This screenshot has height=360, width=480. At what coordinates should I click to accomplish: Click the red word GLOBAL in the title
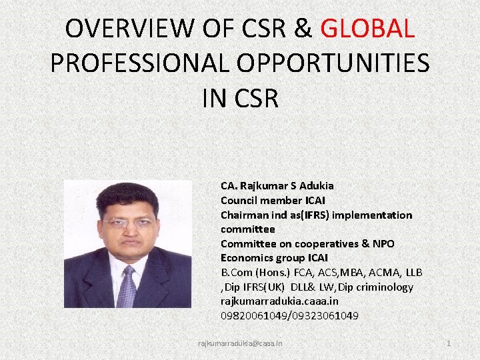pyautogui.click(x=368, y=29)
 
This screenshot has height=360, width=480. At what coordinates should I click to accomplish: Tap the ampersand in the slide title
pyautogui.click(x=302, y=29)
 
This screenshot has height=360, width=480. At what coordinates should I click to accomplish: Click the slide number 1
pyautogui.click(x=449, y=343)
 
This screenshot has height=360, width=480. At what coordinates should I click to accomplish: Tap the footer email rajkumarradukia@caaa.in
pyautogui.click(x=240, y=343)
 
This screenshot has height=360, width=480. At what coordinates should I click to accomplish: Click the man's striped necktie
pyautogui.click(x=126, y=286)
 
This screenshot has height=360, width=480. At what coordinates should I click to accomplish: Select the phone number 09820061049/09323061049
pyautogui.click(x=289, y=315)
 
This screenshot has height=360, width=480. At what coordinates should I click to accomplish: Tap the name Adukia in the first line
pyautogui.click(x=316, y=185)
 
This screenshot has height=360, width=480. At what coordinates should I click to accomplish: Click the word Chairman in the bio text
pyautogui.click(x=243, y=215)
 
